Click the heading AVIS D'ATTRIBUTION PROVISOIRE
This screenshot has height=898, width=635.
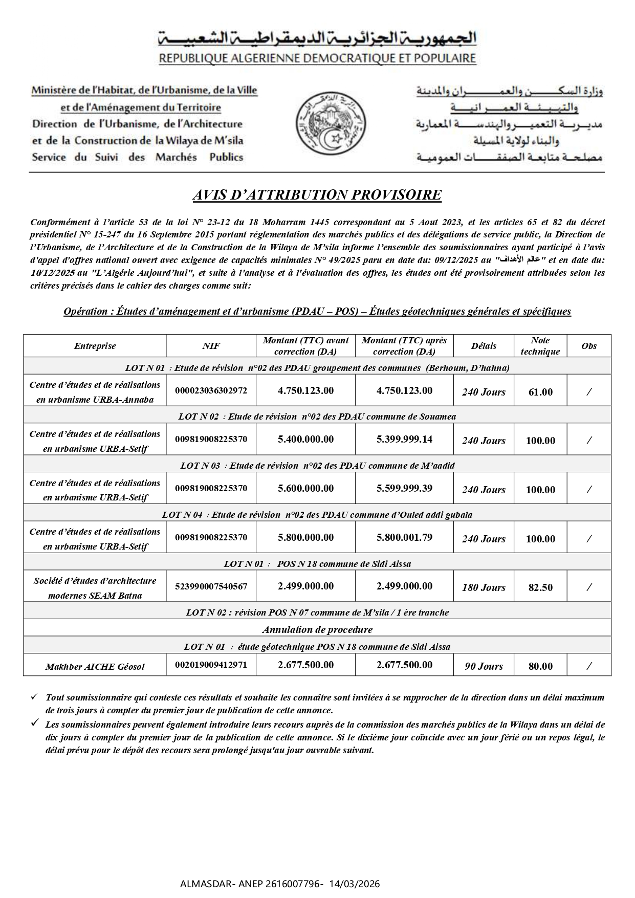tap(317, 195)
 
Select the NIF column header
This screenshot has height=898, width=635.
tap(211, 346)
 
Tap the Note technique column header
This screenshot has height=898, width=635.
tap(540, 346)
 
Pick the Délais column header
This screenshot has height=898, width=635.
tap(484, 346)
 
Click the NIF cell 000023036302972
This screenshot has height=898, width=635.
tap(211, 390)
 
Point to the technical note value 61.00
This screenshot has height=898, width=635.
tap(540, 392)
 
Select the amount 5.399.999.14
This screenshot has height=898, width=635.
tap(404, 439)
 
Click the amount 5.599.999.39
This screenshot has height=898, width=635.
tap(404, 488)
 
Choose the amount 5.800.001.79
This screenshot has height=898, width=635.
tap(404, 537)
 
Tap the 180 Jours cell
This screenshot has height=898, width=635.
tap(484, 587)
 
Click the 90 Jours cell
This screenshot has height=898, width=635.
tap(484, 666)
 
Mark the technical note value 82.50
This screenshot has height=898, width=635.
tap(540, 587)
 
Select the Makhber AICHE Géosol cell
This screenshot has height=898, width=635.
tap(95, 666)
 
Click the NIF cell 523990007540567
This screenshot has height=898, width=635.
tap(211, 586)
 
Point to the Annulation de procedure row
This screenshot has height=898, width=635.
tap(317, 629)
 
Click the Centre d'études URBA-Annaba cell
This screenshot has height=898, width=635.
tap(95, 392)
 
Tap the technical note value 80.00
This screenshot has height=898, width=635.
tap(540, 666)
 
